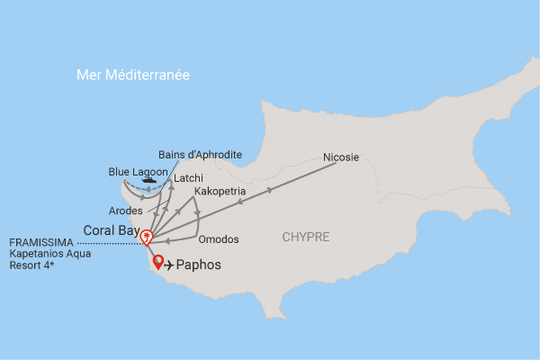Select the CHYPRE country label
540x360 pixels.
pyautogui.click(x=305, y=238)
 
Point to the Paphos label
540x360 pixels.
pyautogui.click(x=198, y=266)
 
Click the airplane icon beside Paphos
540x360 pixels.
pyautogui.click(x=168, y=265)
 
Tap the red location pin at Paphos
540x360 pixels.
pyautogui.click(x=158, y=263)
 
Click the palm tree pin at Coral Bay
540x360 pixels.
pyautogui.click(x=146, y=238)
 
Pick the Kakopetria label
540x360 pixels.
pyautogui.click(x=220, y=191)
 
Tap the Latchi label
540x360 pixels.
pyautogui.click(x=188, y=178)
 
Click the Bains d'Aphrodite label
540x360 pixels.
pyautogui.click(x=200, y=155)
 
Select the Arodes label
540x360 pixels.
pyautogui.click(x=125, y=211)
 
